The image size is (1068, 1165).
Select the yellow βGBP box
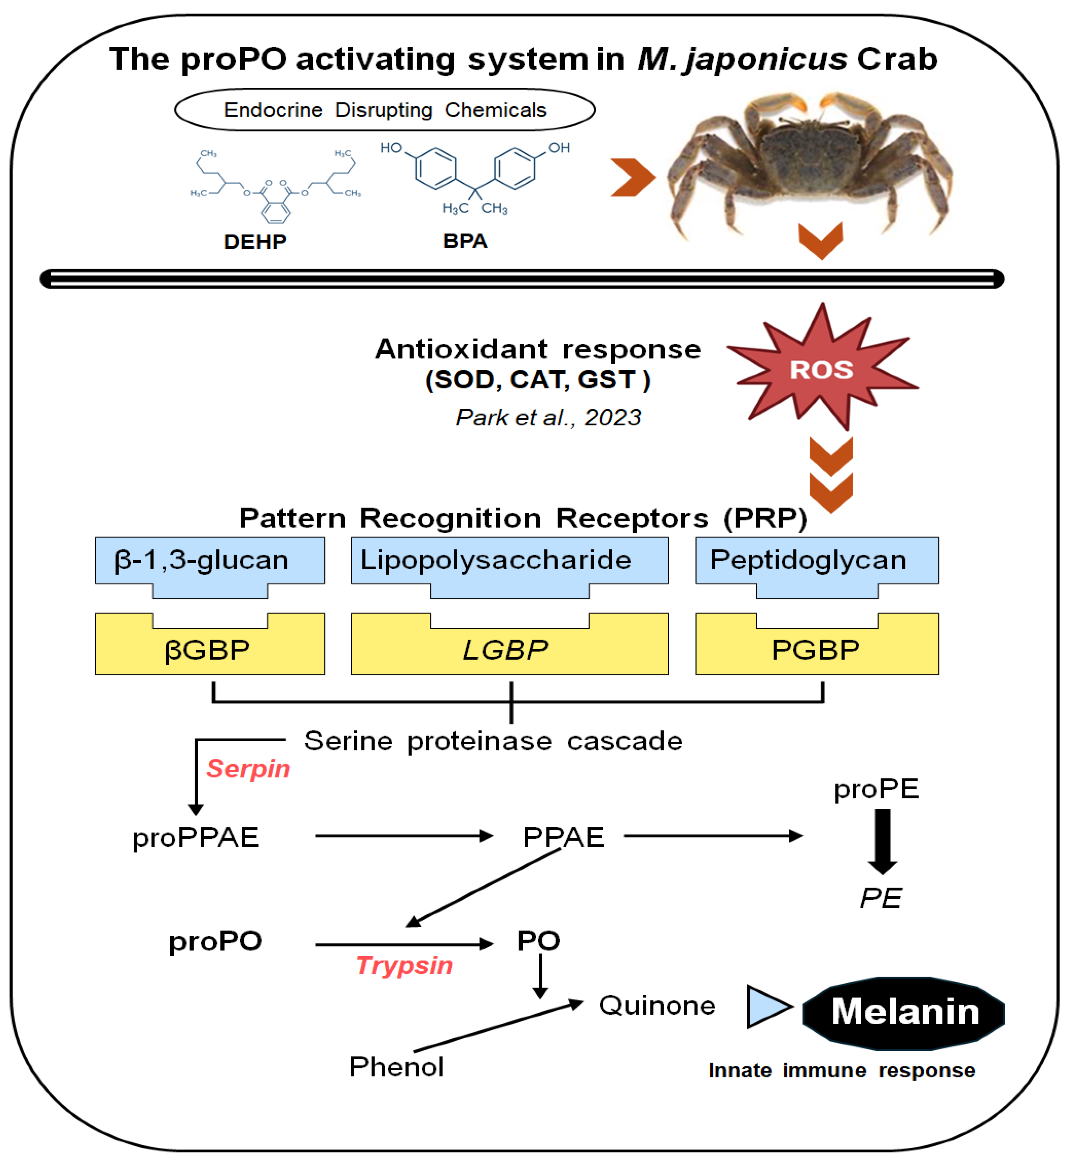209,650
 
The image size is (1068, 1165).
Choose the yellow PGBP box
816,650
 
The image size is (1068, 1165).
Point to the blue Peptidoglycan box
816,561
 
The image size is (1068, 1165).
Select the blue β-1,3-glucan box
209,561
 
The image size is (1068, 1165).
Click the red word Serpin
248,769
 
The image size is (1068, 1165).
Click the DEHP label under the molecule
255,242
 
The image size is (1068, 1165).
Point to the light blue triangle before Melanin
767,1007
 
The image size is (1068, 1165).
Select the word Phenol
397,1067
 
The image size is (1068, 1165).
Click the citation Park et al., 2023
548,417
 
